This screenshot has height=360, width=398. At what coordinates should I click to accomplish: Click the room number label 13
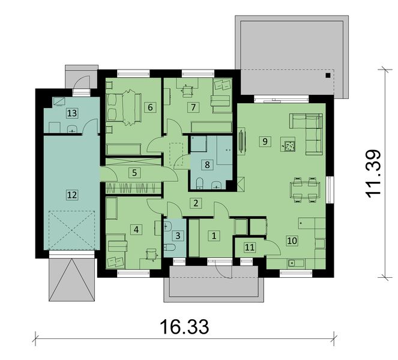[x=72, y=113]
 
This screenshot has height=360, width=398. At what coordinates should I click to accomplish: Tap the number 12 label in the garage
[x=72, y=194]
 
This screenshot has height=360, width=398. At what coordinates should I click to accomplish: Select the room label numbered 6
[x=150, y=107]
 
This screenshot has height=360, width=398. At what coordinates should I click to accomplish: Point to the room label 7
[x=192, y=107]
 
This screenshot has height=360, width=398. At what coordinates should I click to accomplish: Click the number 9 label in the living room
[x=264, y=141]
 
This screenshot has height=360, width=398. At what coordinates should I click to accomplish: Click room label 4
[x=136, y=229]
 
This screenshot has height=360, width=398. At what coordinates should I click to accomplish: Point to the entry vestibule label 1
[x=214, y=236]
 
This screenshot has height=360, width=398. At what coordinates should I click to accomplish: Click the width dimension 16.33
[x=184, y=328]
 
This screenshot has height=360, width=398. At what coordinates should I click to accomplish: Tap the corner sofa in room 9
[x=307, y=128]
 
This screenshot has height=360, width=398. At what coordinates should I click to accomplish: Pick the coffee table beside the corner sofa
[x=290, y=145]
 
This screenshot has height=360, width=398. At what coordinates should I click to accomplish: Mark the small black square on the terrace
[x=327, y=76]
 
